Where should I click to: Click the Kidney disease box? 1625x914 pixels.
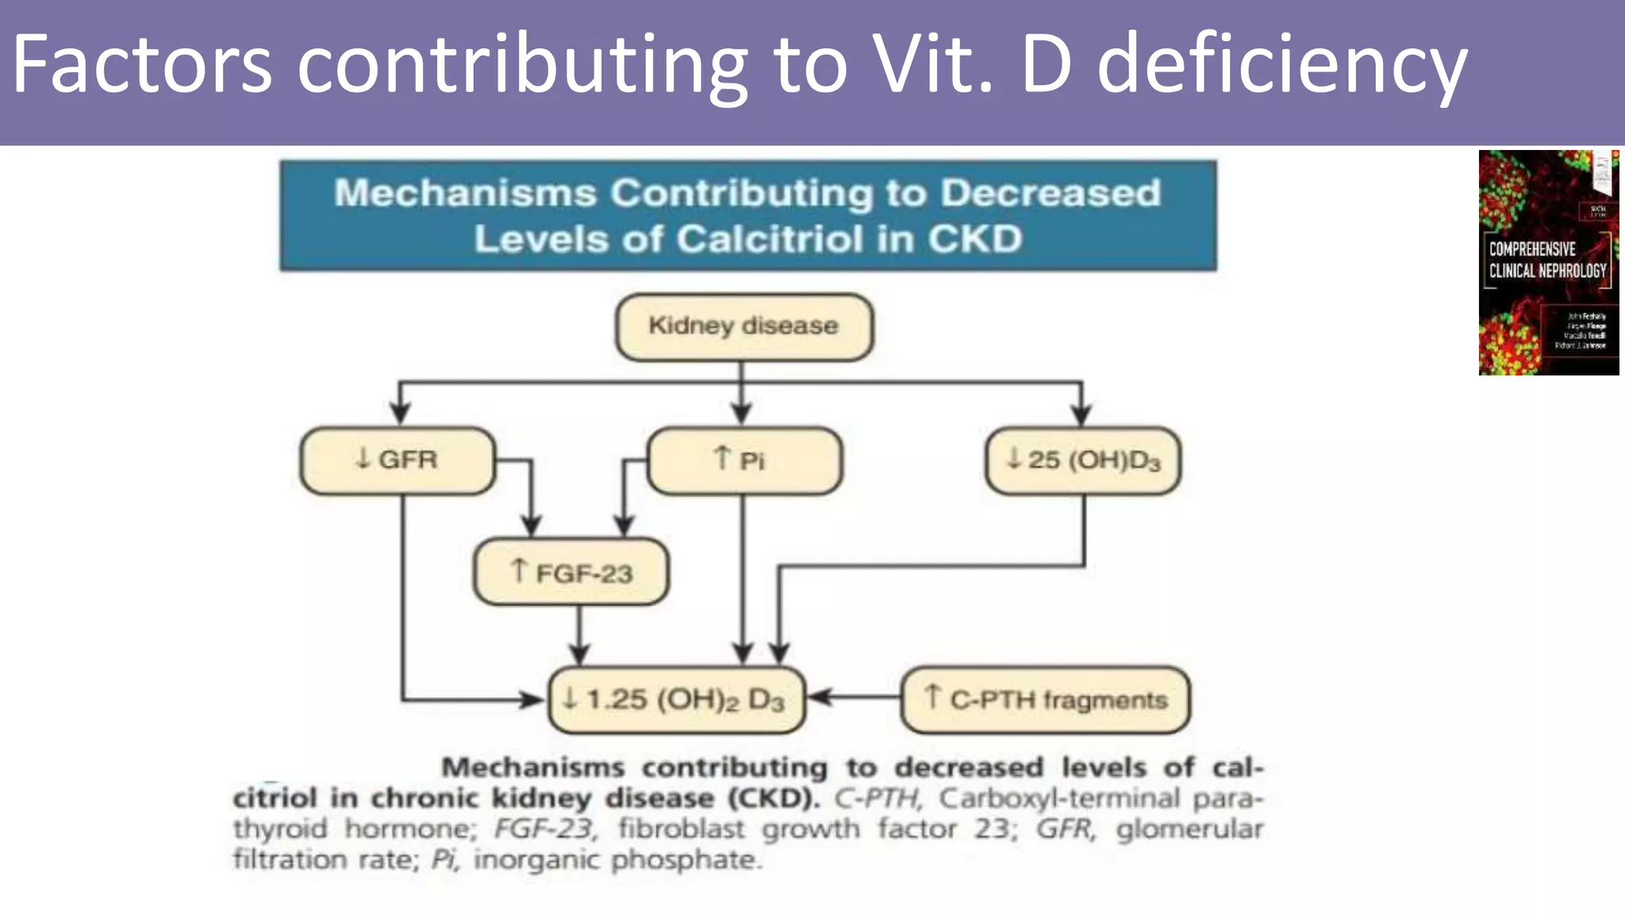click(743, 326)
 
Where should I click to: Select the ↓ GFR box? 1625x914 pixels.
click(398, 460)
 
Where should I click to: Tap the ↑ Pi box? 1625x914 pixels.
click(743, 461)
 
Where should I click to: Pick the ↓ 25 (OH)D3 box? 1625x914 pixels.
click(1083, 461)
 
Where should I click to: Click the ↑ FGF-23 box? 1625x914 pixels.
click(570, 572)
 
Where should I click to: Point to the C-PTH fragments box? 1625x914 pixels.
click(1045, 700)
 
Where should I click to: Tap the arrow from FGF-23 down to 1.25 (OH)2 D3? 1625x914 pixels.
click(579, 635)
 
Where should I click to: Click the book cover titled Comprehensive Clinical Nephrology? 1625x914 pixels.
click(1548, 263)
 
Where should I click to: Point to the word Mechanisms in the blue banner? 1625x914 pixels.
click(464, 193)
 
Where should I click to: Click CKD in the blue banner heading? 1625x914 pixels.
click(975, 239)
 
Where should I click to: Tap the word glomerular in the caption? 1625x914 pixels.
click(1189, 829)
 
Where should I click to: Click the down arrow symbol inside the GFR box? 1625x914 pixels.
click(363, 458)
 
